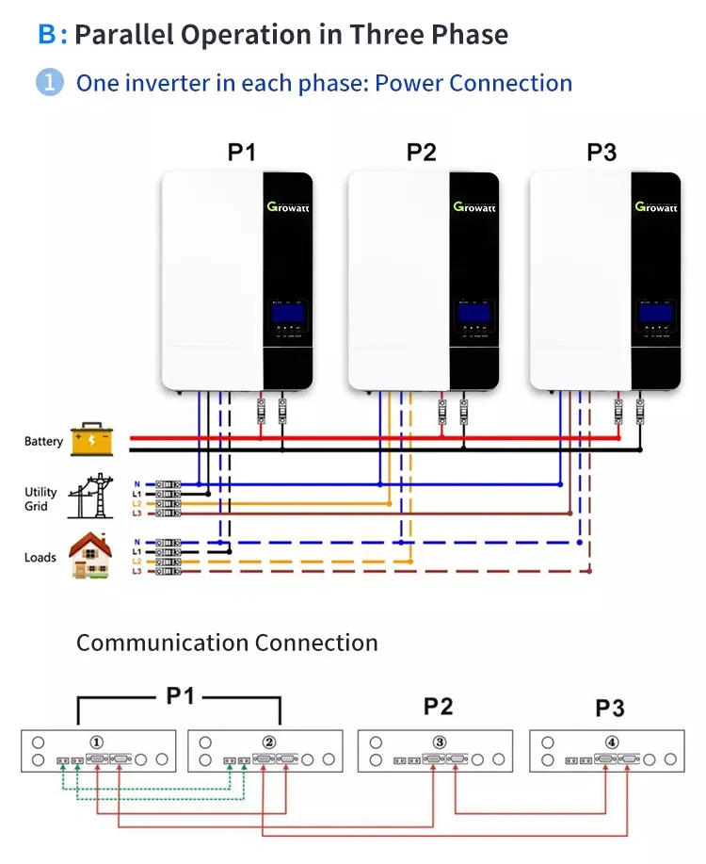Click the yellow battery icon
tap(91, 439)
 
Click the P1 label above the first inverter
tap(241, 153)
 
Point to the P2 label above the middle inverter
tap(422, 153)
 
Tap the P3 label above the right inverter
tap(602, 153)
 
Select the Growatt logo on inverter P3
tap(656, 206)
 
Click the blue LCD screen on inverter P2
tap(473, 313)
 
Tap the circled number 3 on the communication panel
tap(440, 742)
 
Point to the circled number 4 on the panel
tap(612, 742)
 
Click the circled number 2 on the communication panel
tap(268, 742)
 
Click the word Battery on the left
tap(43, 441)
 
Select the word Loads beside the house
tap(40, 558)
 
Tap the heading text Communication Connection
tap(227, 644)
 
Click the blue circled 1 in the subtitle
tap(49, 83)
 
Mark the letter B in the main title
tap(47, 36)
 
